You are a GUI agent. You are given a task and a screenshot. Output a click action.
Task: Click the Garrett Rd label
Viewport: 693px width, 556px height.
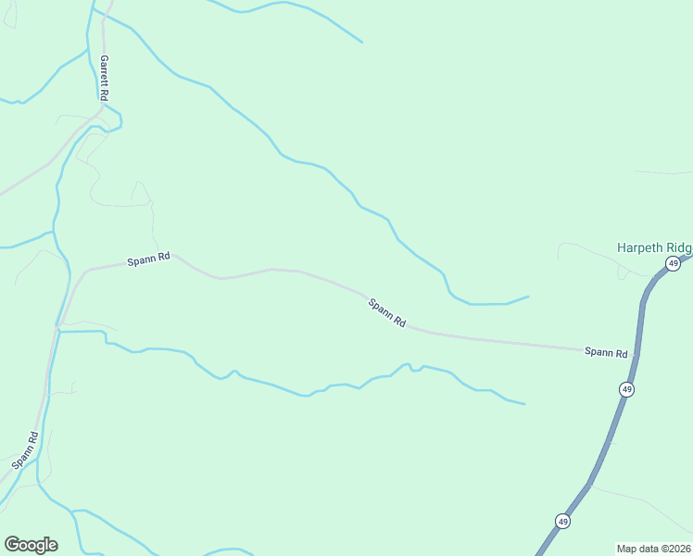(x=105, y=78)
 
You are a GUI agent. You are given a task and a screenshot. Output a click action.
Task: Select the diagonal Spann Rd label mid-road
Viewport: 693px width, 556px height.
(x=386, y=312)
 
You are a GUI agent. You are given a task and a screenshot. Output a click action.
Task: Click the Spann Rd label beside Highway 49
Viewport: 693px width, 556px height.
(x=606, y=352)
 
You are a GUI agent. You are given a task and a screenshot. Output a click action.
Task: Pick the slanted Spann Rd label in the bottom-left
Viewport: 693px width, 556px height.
(x=25, y=449)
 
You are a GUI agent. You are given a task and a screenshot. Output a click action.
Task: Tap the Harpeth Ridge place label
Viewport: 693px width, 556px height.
(x=654, y=248)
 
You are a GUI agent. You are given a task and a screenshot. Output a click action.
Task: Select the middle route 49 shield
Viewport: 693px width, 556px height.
(x=627, y=390)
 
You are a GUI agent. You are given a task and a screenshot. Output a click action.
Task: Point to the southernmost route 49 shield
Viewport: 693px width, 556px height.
(x=562, y=522)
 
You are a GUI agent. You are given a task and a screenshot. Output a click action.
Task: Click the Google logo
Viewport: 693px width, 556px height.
(x=31, y=545)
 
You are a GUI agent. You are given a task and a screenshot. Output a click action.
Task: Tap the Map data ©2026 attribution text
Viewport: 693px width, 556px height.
(x=653, y=549)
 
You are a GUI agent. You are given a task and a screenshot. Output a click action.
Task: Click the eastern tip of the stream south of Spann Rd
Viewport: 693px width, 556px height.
(x=524, y=404)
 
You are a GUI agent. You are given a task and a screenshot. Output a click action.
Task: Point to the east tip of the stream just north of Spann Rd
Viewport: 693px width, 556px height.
(x=528, y=297)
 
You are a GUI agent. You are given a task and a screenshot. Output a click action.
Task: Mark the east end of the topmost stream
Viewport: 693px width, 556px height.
(x=361, y=42)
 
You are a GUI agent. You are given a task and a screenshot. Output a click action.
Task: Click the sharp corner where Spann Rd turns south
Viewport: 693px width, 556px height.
(x=87, y=271)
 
